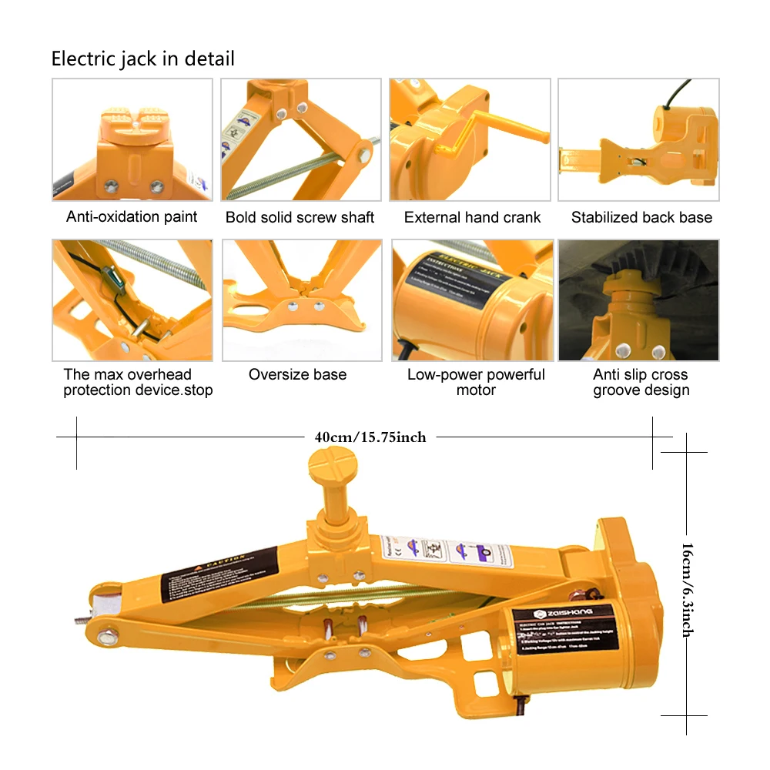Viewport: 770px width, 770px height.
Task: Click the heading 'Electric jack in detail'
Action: pos(142,59)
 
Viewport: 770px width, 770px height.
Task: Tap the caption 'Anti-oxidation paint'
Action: pos(132,217)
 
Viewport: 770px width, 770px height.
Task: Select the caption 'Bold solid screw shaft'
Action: pos(300,218)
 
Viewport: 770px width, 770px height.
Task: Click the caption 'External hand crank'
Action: pos(472,218)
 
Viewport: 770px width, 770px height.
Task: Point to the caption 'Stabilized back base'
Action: pos(641,218)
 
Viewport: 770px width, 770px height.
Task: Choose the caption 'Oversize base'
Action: pos(297,375)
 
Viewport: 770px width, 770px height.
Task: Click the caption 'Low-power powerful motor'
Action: pos(476,382)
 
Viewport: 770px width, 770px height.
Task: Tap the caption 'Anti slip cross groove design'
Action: pos(641,382)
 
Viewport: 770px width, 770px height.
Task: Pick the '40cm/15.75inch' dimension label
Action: pos(370,437)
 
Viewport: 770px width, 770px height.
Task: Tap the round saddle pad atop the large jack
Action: pos(332,466)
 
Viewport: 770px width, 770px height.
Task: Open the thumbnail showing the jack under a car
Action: pos(638,300)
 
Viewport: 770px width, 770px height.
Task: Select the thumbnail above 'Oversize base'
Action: pos(302,300)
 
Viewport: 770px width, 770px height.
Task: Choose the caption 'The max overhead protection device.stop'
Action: pos(138,382)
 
